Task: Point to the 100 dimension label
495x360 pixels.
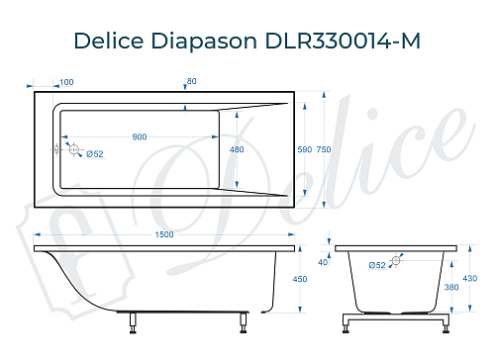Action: coord(66,82)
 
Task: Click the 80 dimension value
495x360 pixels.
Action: coord(191,82)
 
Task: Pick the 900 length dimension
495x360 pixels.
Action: coord(140,136)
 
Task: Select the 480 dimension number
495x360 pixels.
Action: coord(236,149)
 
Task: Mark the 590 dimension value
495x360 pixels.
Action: coord(305,149)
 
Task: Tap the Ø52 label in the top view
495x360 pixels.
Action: coord(92,153)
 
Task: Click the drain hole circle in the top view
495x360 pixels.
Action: coord(72,149)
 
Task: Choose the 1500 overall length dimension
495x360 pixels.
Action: coord(164,233)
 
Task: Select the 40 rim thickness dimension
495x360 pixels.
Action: coord(323,262)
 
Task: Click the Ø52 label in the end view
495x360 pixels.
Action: coord(376,265)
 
